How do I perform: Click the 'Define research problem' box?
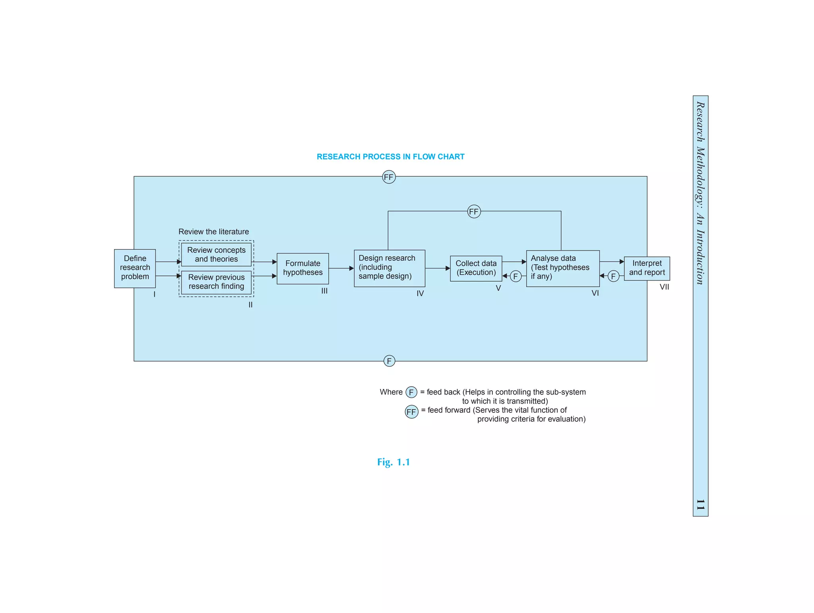(x=135, y=268)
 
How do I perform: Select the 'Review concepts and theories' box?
(x=216, y=255)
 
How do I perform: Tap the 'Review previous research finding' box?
(x=216, y=282)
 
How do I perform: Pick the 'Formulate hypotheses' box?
(x=302, y=268)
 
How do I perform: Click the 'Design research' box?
(x=389, y=268)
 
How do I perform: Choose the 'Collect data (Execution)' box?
(x=476, y=268)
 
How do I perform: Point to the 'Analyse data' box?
(x=562, y=268)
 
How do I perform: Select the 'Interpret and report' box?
(x=647, y=268)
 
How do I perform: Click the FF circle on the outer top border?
(x=389, y=177)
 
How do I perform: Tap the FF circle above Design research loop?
(x=474, y=212)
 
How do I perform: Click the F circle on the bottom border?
(x=389, y=361)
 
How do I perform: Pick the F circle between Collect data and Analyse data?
(x=516, y=276)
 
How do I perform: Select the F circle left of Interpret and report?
(x=613, y=276)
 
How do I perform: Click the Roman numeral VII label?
(x=664, y=287)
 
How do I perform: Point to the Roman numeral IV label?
(x=420, y=293)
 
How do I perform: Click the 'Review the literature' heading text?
(x=213, y=232)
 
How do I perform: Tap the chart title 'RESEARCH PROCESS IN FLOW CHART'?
(x=390, y=157)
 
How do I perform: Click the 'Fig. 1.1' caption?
(x=393, y=462)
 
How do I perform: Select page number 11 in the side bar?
(x=700, y=505)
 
